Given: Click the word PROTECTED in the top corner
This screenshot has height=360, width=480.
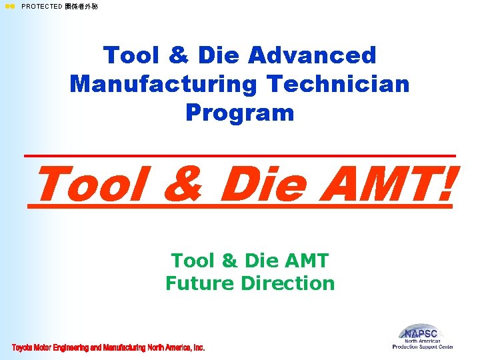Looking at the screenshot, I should pos(42,7).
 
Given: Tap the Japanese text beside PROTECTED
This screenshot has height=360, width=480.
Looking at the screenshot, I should pos(81,7).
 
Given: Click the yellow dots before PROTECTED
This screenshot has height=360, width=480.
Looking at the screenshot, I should pos(10,7).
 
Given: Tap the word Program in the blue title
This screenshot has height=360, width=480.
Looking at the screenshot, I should pos(240,113).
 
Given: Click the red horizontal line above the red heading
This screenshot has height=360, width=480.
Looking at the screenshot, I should pos(240,156).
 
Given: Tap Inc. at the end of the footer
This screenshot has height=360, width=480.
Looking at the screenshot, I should pos(198,348).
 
